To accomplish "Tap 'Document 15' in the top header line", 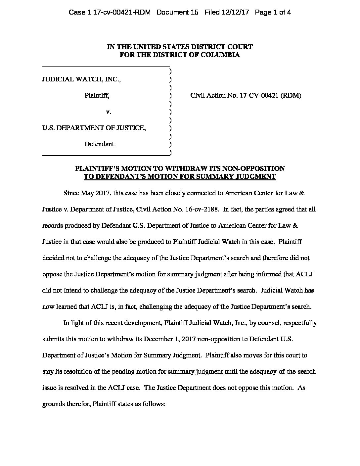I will coord(177,13).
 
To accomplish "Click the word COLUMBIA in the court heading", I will coord(221,55).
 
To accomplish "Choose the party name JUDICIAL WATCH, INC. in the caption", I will coord(81,79).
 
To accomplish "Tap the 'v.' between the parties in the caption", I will coord(108,112).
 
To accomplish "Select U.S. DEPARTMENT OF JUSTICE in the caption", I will coord(94,128).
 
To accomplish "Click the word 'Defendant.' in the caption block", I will coord(100,144).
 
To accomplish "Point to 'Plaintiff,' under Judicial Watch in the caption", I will coord(97,96).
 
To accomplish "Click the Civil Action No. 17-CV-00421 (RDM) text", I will coord(246,96).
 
